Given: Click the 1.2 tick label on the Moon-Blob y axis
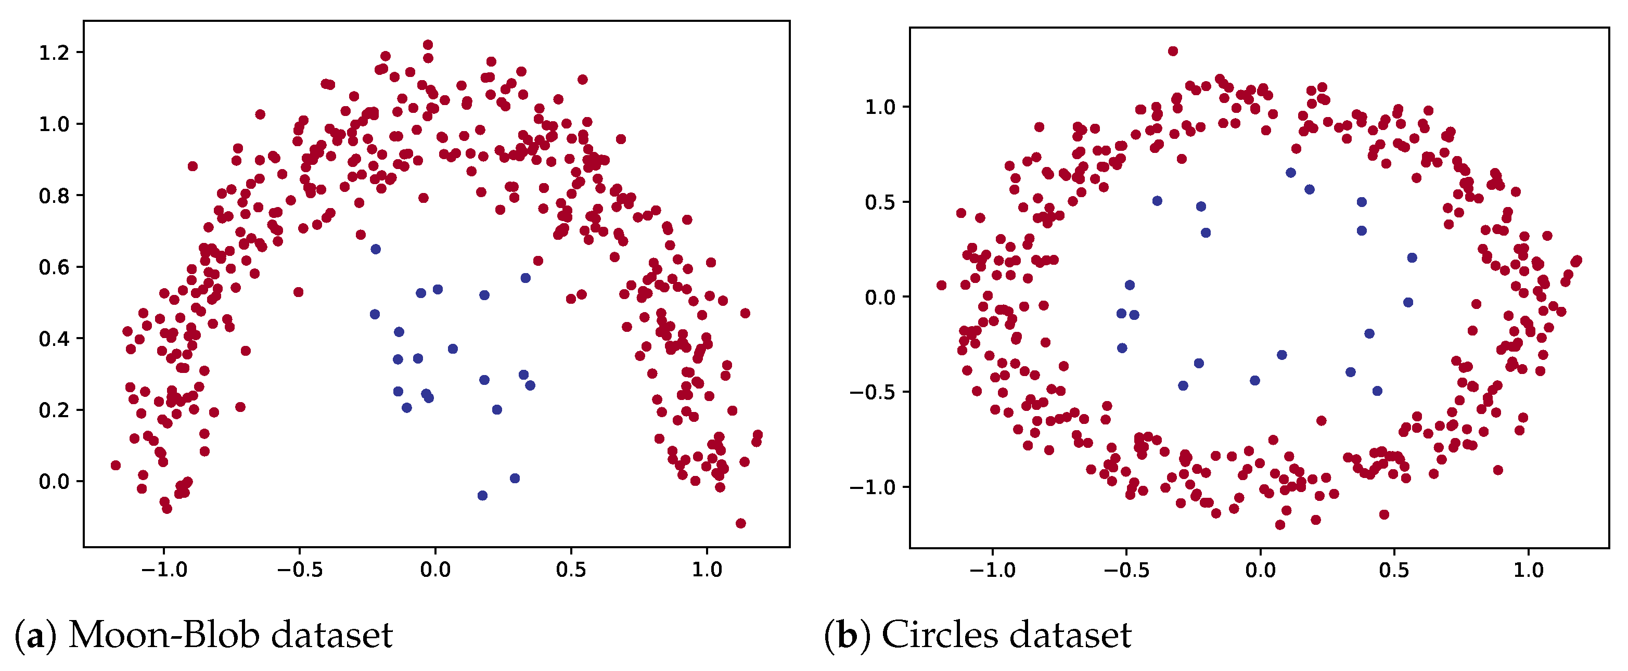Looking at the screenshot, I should [x=53, y=53].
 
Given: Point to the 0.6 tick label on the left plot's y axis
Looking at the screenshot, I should [x=53, y=267].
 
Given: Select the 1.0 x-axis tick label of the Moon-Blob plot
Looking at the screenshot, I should [x=707, y=571].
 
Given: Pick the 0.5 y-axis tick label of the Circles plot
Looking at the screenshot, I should [x=880, y=203].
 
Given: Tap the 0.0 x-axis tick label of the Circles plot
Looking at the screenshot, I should [x=1260, y=571].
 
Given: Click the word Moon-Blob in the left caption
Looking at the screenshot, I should [x=164, y=635].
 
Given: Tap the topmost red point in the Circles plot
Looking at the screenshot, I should [x=1173, y=51].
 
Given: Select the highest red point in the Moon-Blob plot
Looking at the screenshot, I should [x=428, y=45].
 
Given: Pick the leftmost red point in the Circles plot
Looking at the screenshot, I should [x=942, y=286].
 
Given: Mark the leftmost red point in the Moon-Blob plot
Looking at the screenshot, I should [x=116, y=466].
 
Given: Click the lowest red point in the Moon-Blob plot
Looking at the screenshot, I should [x=741, y=524].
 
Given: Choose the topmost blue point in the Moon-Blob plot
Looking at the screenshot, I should [x=376, y=250].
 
